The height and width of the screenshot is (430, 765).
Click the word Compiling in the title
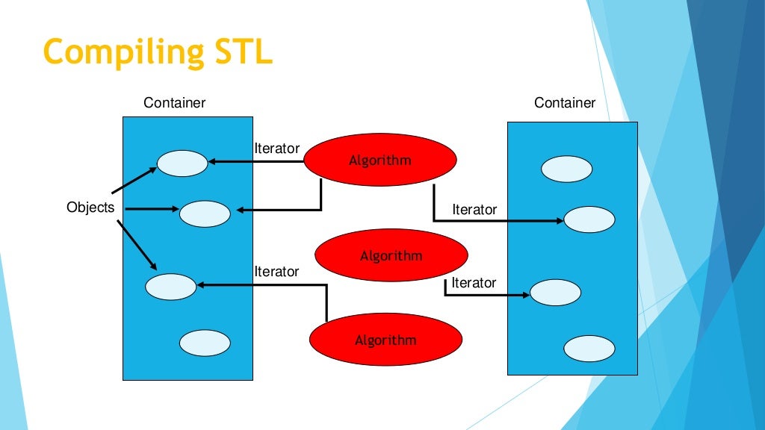(x=121, y=52)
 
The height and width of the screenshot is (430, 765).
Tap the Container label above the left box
(x=174, y=103)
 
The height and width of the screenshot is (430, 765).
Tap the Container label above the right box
(x=565, y=103)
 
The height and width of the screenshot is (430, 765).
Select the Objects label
(x=90, y=207)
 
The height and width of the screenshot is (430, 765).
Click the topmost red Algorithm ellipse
(x=380, y=161)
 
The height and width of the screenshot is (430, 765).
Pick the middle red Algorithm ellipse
(x=391, y=256)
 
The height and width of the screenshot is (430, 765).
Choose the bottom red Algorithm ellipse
(x=385, y=340)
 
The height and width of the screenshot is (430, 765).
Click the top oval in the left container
(x=182, y=163)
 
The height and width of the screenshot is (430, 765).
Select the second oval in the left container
(x=205, y=214)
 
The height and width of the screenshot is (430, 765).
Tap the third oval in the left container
(x=170, y=285)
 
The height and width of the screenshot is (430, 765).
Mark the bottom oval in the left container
(x=205, y=343)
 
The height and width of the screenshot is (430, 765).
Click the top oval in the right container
(x=566, y=169)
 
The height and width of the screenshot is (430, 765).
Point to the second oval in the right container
(x=589, y=219)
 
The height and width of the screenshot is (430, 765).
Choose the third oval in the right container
(x=555, y=292)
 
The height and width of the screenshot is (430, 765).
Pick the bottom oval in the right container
(x=589, y=349)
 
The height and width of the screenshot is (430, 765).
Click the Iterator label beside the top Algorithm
(x=276, y=149)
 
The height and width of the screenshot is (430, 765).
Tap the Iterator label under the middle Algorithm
(x=474, y=283)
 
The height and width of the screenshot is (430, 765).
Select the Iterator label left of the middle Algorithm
(x=276, y=272)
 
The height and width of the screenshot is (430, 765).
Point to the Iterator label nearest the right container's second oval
(x=474, y=210)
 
